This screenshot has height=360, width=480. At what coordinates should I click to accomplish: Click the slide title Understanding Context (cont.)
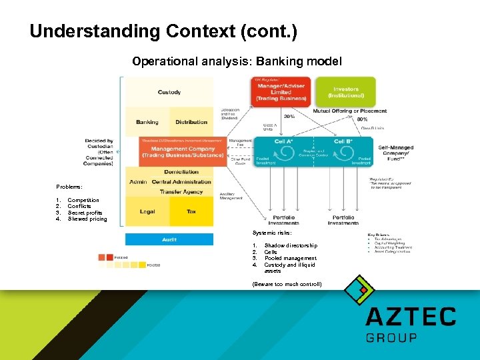pyautogui.click(x=164, y=31)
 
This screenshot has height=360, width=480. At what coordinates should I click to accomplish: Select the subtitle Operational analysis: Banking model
pyautogui.click(x=237, y=62)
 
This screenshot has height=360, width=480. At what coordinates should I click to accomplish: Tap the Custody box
pyautogui.click(x=169, y=92)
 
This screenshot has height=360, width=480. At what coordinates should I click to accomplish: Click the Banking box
pyautogui.click(x=147, y=122)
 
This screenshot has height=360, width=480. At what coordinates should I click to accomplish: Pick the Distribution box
pyautogui.click(x=191, y=122)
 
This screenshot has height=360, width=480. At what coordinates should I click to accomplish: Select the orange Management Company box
pyautogui.click(x=183, y=151)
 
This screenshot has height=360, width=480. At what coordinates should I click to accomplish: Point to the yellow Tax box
pyautogui.click(x=191, y=211)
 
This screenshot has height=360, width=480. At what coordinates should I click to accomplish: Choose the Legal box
pyautogui.click(x=147, y=211)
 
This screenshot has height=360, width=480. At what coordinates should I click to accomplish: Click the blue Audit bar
pyautogui.click(x=169, y=239)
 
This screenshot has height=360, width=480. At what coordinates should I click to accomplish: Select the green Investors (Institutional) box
pyautogui.click(x=345, y=92)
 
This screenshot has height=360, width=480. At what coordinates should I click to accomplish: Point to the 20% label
pyautogui.click(x=289, y=116)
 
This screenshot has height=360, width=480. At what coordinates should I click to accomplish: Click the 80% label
pyautogui.click(x=344, y=119)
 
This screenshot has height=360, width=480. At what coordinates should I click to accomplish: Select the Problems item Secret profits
pyautogui.click(x=85, y=213)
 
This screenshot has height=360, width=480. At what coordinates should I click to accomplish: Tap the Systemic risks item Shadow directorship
pyautogui.click(x=290, y=245)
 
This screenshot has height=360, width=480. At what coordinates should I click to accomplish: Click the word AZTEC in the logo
pyautogui.click(x=411, y=316)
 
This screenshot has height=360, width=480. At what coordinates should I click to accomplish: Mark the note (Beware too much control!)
pyautogui.click(x=287, y=284)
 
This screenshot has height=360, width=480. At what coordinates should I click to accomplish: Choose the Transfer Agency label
pyautogui.click(x=181, y=192)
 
